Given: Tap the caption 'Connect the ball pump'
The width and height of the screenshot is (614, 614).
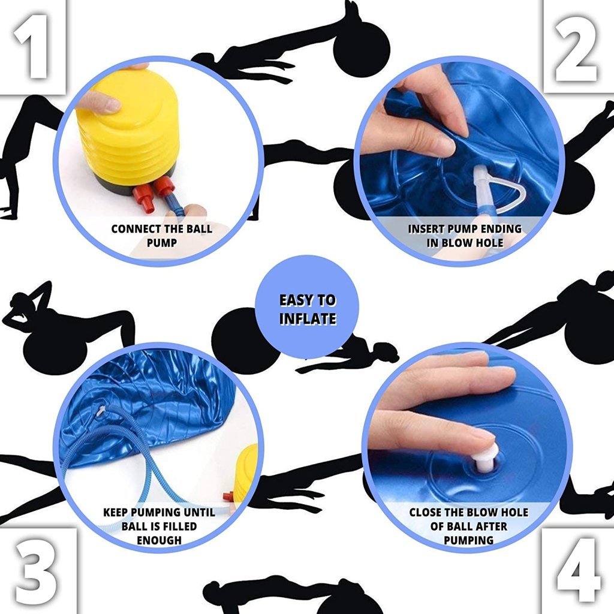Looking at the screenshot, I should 161,236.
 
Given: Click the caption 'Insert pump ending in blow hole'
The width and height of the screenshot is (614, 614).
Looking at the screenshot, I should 464,236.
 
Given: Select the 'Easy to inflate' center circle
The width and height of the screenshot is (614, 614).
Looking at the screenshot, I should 307,306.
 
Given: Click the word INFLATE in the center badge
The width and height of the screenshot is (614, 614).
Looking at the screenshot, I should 307,318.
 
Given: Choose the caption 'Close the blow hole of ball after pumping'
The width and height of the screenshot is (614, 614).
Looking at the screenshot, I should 468,526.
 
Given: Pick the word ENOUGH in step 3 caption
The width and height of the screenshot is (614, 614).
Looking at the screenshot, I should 158,540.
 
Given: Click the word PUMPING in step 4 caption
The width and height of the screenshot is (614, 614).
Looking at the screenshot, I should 468,540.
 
